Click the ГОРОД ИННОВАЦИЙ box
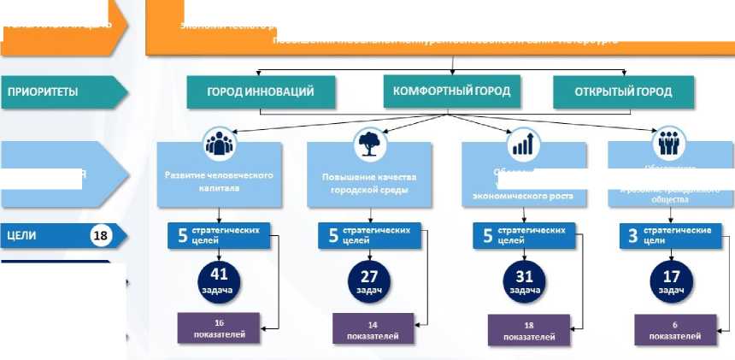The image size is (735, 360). (261, 91)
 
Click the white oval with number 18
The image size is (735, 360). (101, 236)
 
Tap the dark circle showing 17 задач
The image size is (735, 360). (672, 280)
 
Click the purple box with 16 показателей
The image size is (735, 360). (219, 328)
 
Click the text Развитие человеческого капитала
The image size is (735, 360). (219, 180)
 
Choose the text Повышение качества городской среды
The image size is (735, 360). (369, 183)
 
